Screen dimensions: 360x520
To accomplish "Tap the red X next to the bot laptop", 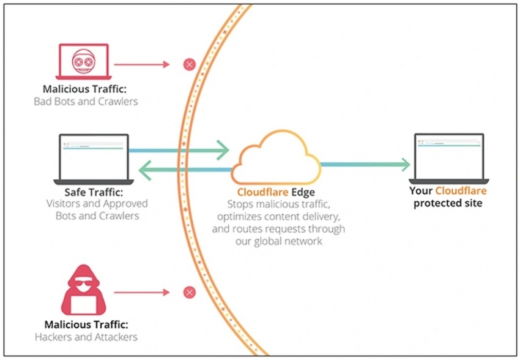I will [190, 64].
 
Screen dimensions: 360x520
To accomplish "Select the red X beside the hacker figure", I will [190, 292].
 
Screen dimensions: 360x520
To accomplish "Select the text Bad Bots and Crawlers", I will [86, 101].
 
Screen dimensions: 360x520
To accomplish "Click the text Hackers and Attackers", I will [86, 337].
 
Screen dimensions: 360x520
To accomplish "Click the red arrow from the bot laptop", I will [142, 64].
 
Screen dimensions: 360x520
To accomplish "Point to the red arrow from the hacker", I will [142, 292].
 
